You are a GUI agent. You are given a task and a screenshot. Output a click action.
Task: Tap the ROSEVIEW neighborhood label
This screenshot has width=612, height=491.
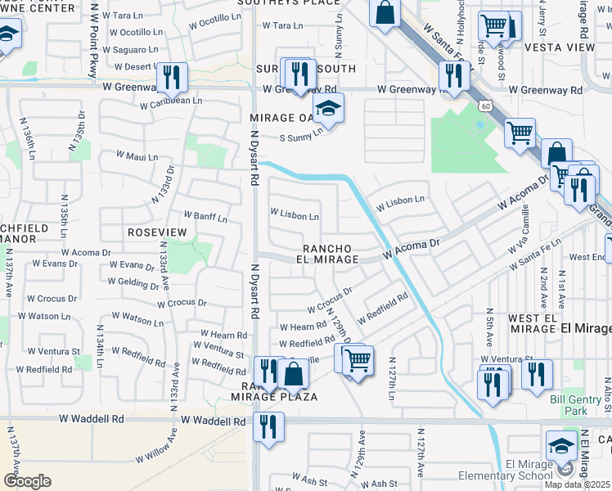click(x=157, y=232)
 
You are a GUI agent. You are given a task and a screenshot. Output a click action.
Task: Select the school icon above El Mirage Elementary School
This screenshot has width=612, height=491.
click(x=561, y=445)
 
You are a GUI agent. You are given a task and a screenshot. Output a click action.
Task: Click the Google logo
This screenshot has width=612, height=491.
click(x=27, y=481)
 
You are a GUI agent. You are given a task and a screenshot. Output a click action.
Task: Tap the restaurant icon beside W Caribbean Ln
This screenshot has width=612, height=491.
click(x=172, y=77)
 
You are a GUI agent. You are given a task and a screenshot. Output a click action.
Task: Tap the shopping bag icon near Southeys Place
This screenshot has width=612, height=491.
click(x=385, y=13)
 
